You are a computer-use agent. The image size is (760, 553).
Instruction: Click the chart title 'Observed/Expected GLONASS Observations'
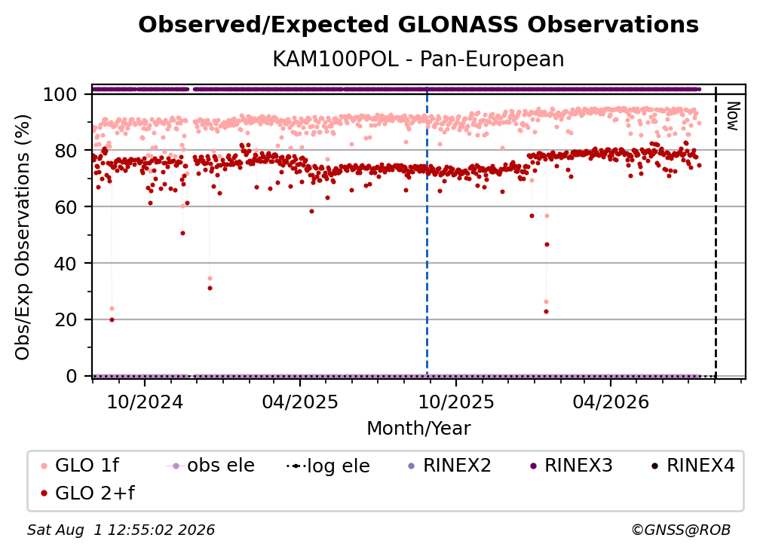418,25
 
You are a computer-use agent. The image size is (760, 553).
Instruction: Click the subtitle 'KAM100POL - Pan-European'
418,59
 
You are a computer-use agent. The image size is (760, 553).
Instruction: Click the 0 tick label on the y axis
71,376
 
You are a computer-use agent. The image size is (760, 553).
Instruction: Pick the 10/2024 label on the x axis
145,402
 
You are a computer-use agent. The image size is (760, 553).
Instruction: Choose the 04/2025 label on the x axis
300,402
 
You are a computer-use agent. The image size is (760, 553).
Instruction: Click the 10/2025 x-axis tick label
455,402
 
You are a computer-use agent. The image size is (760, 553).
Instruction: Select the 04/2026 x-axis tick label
611,402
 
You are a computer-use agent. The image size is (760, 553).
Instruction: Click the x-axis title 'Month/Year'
418,429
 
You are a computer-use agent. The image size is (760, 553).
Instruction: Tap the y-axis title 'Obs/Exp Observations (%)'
23,237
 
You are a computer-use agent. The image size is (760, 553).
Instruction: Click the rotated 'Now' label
732,116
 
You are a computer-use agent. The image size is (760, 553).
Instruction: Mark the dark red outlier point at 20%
112,319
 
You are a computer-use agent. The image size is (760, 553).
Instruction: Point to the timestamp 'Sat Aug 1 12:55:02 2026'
121,530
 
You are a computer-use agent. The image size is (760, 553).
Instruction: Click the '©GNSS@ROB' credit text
681,530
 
